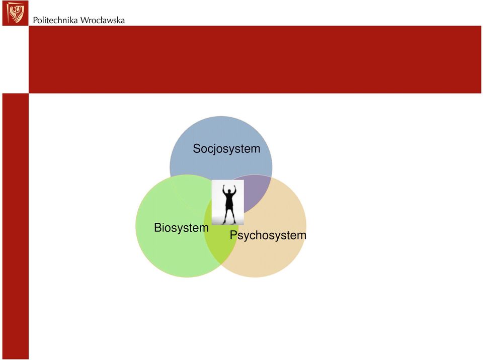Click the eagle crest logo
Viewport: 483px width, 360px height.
15,13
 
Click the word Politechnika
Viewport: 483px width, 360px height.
55,20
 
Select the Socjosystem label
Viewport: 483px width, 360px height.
226,148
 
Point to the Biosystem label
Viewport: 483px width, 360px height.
181,228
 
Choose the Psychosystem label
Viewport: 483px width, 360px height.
268,235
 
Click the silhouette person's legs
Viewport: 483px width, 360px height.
229,216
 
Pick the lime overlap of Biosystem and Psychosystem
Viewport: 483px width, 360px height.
220,243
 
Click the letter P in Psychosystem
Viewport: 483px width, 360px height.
233,235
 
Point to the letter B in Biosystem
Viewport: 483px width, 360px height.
157,228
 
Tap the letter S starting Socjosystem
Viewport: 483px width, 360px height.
197,148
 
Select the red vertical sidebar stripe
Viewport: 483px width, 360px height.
16,226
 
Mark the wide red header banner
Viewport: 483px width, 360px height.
255,59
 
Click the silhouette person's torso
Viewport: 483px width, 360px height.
229,201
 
